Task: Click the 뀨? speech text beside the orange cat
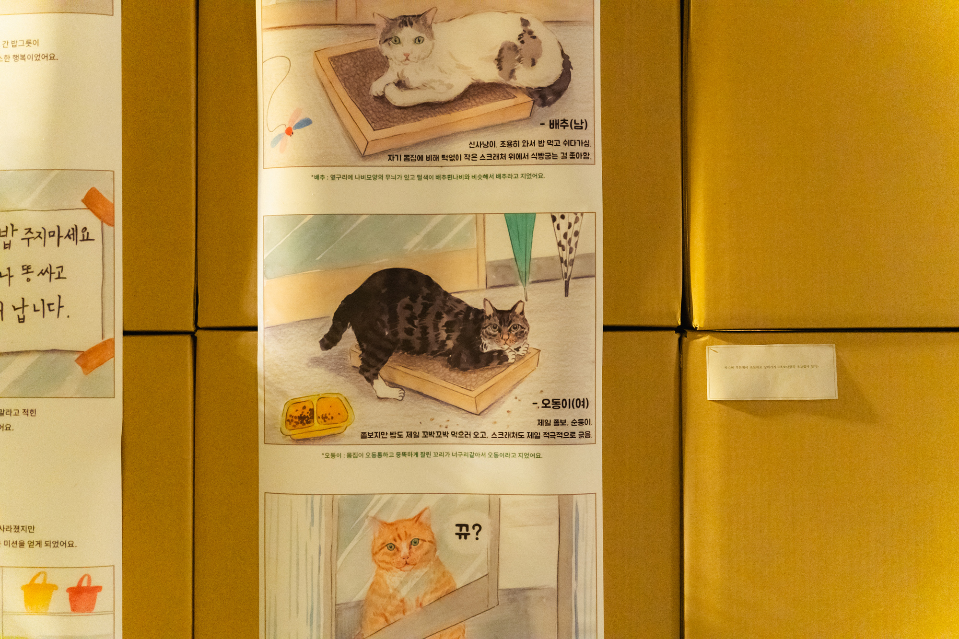click(x=468, y=531)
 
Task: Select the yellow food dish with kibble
click(x=317, y=416)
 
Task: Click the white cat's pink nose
click(x=406, y=57)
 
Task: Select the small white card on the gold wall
click(x=772, y=372)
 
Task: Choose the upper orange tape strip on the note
click(x=100, y=206)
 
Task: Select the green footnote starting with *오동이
click(x=432, y=455)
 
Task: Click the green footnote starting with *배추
click(x=428, y=177)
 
